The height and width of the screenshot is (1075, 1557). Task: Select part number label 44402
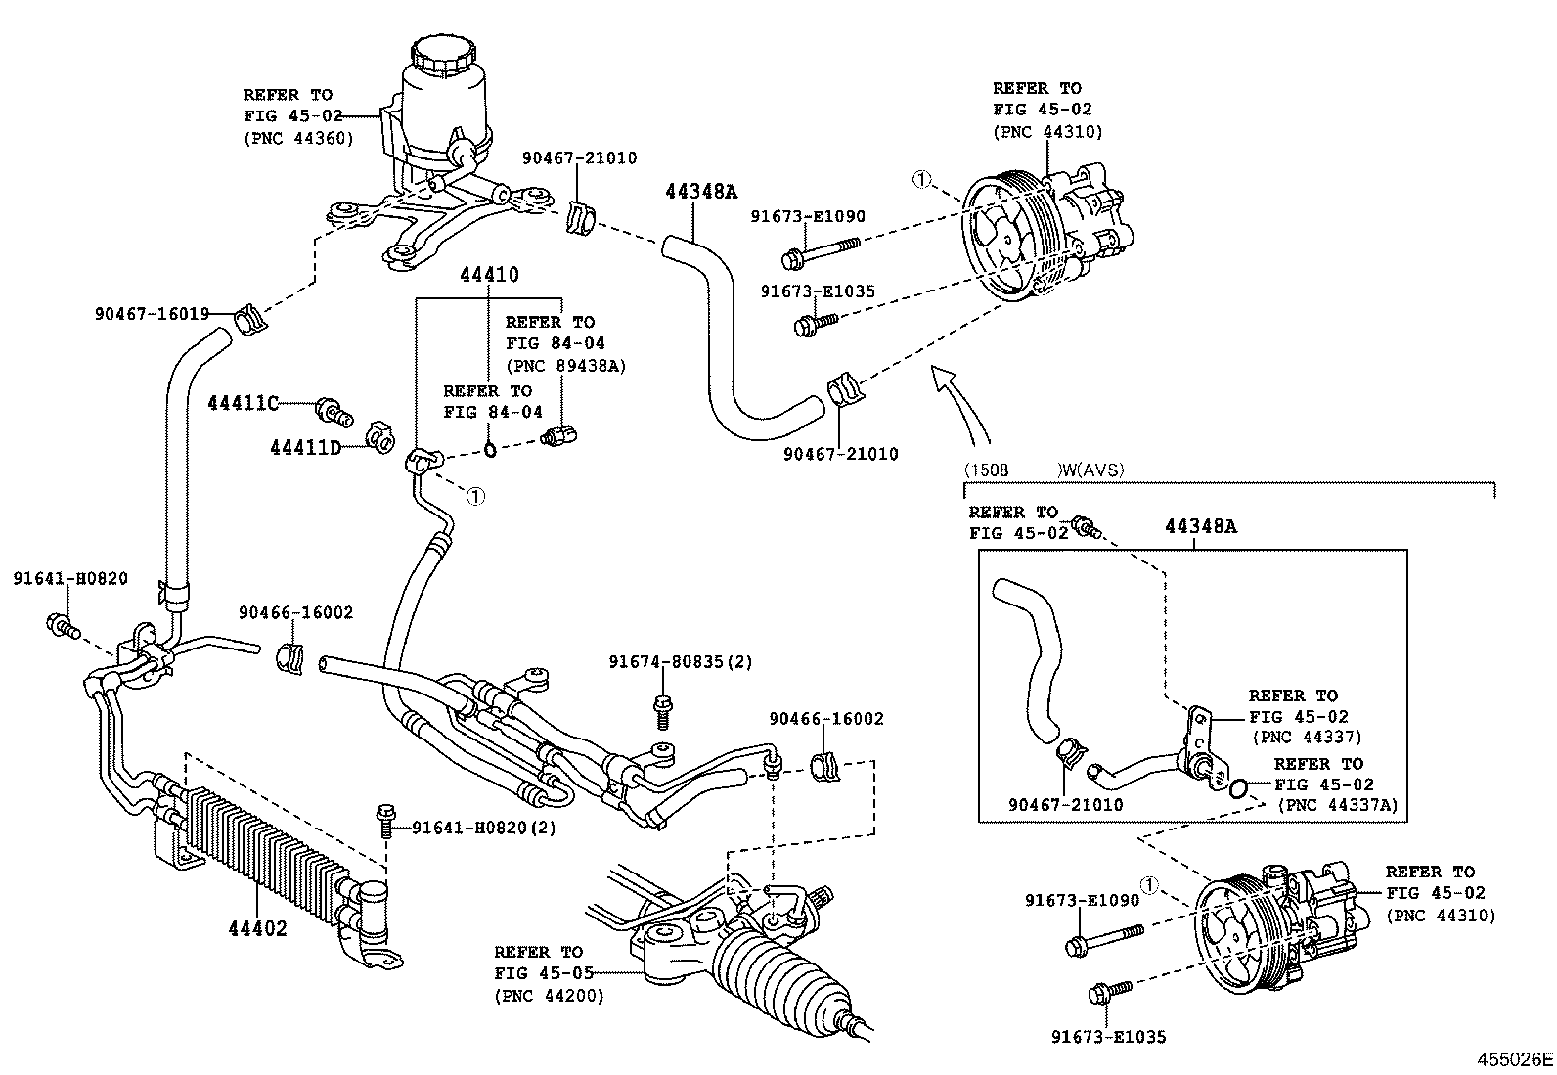pos(257,927)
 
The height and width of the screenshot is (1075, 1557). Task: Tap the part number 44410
pos(489,275)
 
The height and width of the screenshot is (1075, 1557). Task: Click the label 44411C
pos(243,402)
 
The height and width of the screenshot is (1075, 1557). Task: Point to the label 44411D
pos(305,447)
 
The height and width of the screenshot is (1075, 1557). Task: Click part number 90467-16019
pos(152,313)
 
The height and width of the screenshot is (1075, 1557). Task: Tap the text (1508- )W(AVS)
pos(1044,470)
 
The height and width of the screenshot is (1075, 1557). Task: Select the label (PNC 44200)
pos(549,996)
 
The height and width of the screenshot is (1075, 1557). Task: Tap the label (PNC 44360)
pos(298,138)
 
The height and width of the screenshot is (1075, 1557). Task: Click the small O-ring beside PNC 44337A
pos(1238,787)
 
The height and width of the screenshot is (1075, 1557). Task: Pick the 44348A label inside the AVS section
pos(1200,526)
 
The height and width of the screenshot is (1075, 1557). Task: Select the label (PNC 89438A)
pos(565,365)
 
